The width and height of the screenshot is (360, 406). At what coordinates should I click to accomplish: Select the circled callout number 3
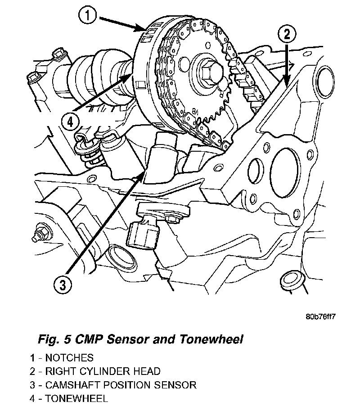coord(63,284)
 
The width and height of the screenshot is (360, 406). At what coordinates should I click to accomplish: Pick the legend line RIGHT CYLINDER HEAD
coord(95,371)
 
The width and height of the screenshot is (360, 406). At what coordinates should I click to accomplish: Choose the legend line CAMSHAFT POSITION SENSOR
coord(113,385)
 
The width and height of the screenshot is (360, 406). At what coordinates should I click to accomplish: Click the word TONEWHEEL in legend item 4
coord(76,398)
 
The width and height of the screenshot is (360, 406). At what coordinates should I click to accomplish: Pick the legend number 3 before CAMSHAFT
coord(32,385)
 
